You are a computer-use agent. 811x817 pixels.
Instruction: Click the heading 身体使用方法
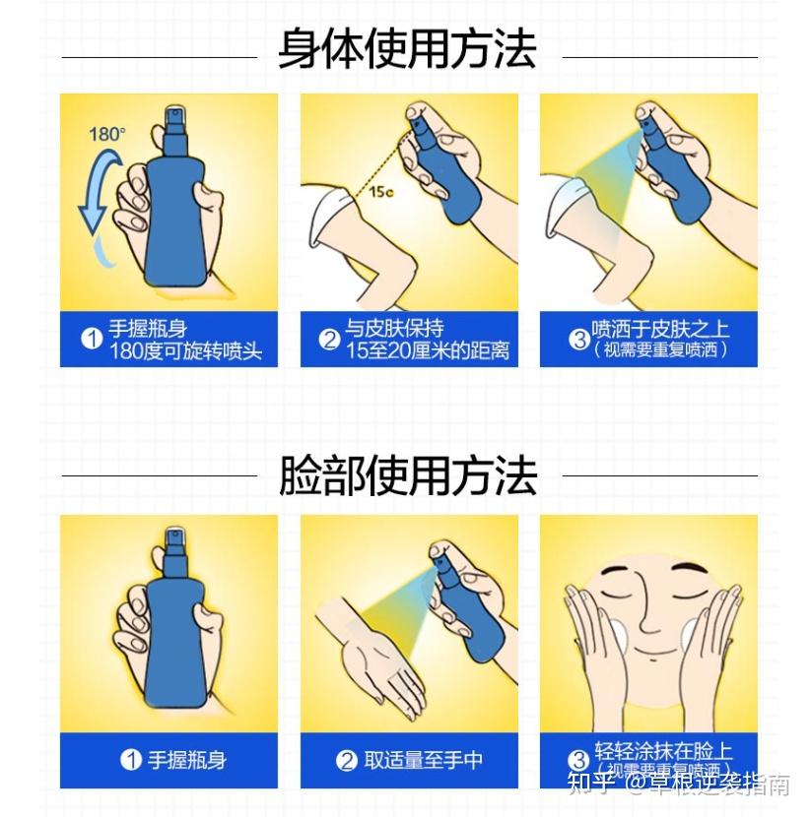(x=406, y=49)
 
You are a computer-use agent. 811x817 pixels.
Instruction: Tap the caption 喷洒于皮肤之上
(x=660, y=330)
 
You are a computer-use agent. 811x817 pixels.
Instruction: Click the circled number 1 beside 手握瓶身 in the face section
(x=131, y=760)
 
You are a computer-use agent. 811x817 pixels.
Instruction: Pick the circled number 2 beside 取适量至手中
(x=346, y=760)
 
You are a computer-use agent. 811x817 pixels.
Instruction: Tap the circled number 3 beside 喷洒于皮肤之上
(x=579, y=340)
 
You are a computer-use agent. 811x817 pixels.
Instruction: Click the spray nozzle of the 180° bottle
(x=174, y=116)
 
